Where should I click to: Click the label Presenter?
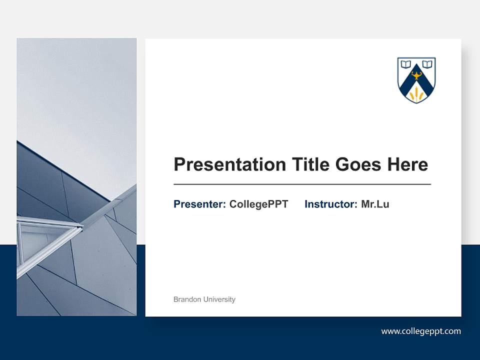coord(199,204)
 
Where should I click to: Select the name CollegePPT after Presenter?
coord(258,204)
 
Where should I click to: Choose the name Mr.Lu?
coord(375,204)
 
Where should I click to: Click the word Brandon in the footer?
coord(187,299)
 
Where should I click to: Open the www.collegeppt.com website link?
coord(421,331)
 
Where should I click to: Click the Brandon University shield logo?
coord(416,80)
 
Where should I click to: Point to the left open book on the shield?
coord(406,64)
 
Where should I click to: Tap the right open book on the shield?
coord(427,64)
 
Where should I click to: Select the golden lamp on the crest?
coord(416,75)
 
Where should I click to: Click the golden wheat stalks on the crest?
coord(416,93)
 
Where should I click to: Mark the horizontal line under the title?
coord(302,184)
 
